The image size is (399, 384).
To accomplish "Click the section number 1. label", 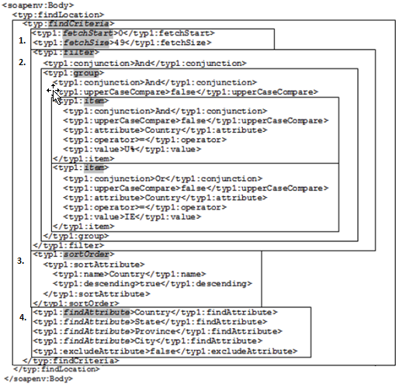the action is (23, 40).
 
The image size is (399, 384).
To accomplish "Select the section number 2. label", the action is (23, 62).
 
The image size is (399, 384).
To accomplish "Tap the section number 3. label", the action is (21, 261).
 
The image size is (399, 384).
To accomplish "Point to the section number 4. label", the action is (23, 317).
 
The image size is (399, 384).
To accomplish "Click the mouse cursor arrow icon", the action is (55, 95).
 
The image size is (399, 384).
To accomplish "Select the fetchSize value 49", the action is (120, 43).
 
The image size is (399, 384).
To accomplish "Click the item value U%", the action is (130, 149).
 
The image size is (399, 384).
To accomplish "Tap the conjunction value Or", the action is (160, 178).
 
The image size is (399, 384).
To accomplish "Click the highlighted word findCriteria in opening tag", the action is (78, 24).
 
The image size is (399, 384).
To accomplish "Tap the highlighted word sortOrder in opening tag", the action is (86, 254).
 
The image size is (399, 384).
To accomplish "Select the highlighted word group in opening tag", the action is (86, 73).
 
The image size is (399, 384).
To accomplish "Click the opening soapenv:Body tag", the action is (38, 5).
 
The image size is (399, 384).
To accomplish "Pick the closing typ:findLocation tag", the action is (57, 369).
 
